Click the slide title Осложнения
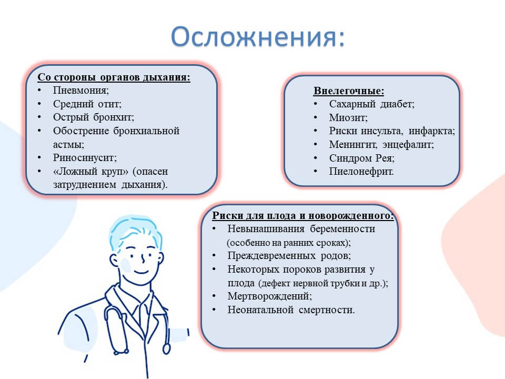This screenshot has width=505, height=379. pyautogui.click(x=258, y=36)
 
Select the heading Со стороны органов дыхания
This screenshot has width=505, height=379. pyautogui.click(x=114, y=77)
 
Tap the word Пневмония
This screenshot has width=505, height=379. pyautogui.click(x=81, y=90)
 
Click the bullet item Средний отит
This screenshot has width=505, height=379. pyautogui.click(x=87, y=104)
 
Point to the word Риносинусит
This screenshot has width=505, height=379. pyautogui.click(x=85, y=157)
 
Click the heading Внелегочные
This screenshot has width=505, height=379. pyautogui.click(x=349, y=91)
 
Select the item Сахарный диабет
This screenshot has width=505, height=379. pyautogui.click(x=372, y=104)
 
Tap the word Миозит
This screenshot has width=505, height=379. pyautogui.click(x=348, y=117)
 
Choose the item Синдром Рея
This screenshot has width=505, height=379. pyautogui.click(x=361, y=158)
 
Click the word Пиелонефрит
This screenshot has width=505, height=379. pyautogui.click(x=361, y=172)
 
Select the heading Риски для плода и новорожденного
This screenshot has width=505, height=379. pyautogui.click(x=303, y=215)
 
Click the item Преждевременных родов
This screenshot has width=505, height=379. pyautogui.click(x=289, y=256)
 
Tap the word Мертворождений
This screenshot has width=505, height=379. pyautogui.click(x=269, y=296)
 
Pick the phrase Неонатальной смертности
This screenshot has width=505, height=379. pyautogui.click(x=291, y=310)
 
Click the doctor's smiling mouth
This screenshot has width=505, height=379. pyautogui.click(x=141, y=272)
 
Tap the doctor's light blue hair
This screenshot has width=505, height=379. pyautogui.click(x=135, y=231)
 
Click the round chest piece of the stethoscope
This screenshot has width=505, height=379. pyautogui.click(x=167, y=348)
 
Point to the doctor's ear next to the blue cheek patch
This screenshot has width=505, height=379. pyautogui.click(x=114, y=260)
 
